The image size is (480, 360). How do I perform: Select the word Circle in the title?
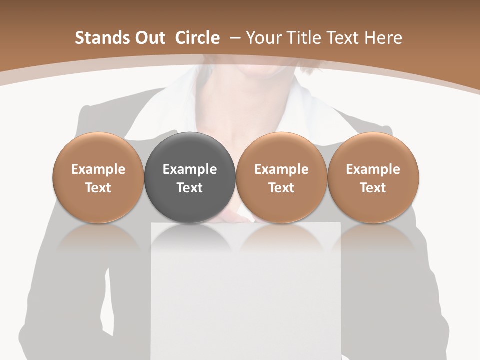197,38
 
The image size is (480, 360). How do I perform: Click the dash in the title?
233,38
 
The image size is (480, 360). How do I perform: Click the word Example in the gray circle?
190,169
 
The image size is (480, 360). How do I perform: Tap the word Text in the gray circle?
190,188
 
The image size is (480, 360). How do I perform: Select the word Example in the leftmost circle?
98,169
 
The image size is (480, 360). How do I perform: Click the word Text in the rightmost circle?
373,188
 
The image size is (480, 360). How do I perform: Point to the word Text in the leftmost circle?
98,188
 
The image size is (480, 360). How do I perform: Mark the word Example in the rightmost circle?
373,169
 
